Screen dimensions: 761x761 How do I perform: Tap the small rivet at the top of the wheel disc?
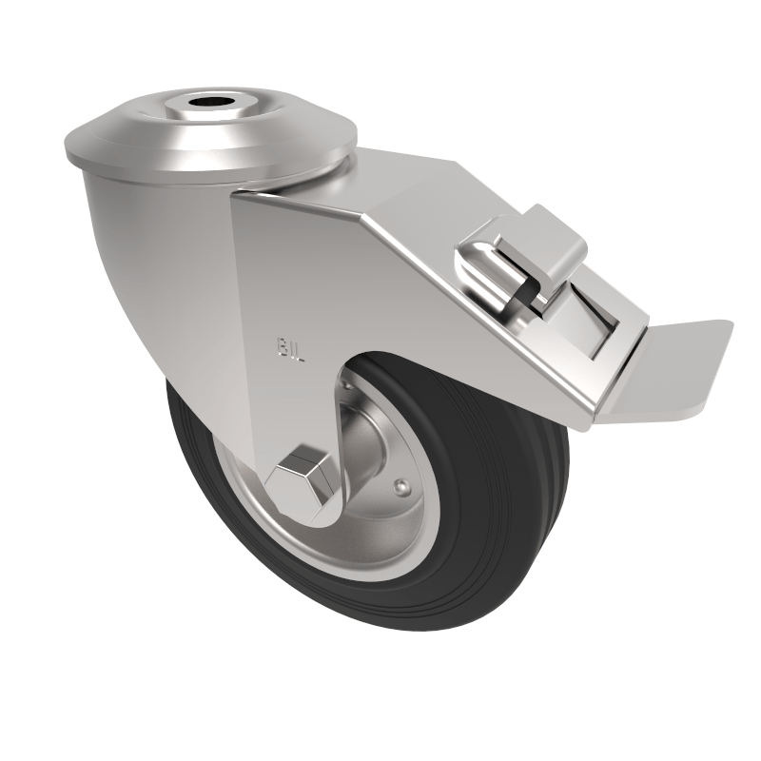click(x=348, y=387)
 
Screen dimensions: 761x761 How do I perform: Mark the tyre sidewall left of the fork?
click(x=195, y=447)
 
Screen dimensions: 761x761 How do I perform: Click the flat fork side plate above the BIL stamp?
click(x=281, y=276)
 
